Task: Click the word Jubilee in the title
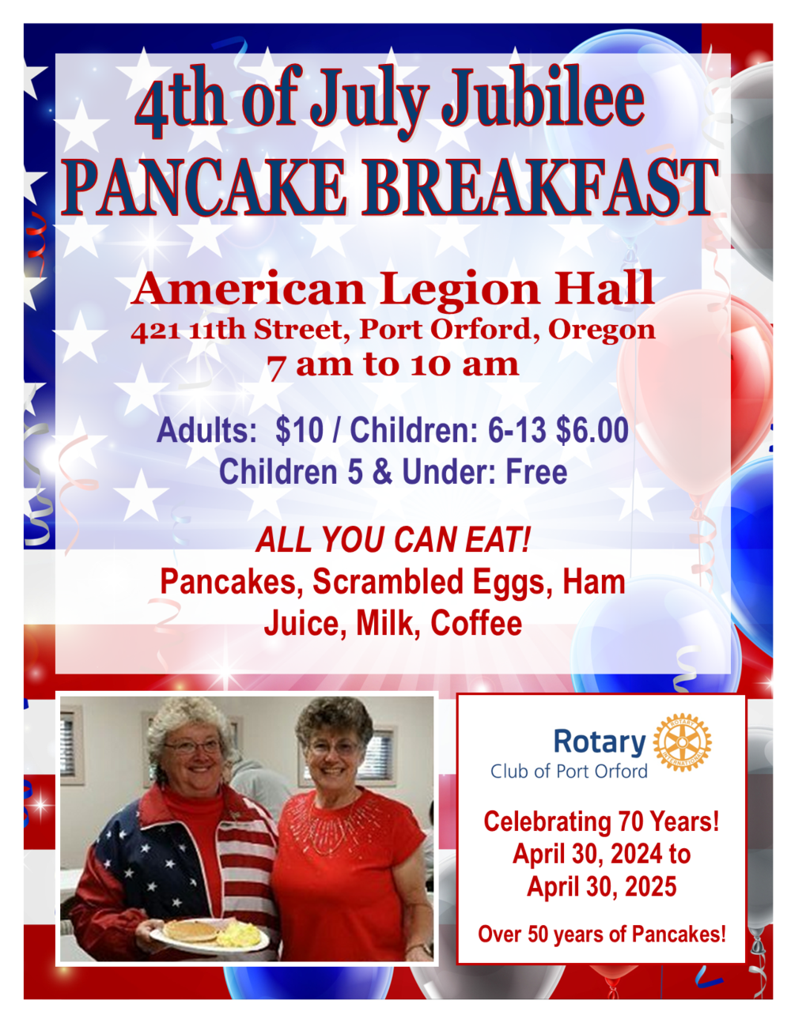(x=543, y=100)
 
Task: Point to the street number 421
(x=156, y=330)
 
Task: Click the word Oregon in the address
(x=602, y=330)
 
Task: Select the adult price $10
(x=299, y=431)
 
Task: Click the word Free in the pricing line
(x=536, y=473)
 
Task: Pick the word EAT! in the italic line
(x=498, y=541)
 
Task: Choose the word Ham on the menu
(x=593, y=583)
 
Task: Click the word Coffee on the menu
(x=476, y=624)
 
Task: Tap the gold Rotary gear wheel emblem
(x=682, y=742)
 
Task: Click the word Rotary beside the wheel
(x=600, y=742)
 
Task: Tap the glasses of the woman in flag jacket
(x=191, y=746)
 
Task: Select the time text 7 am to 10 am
(x=393, y=365)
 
